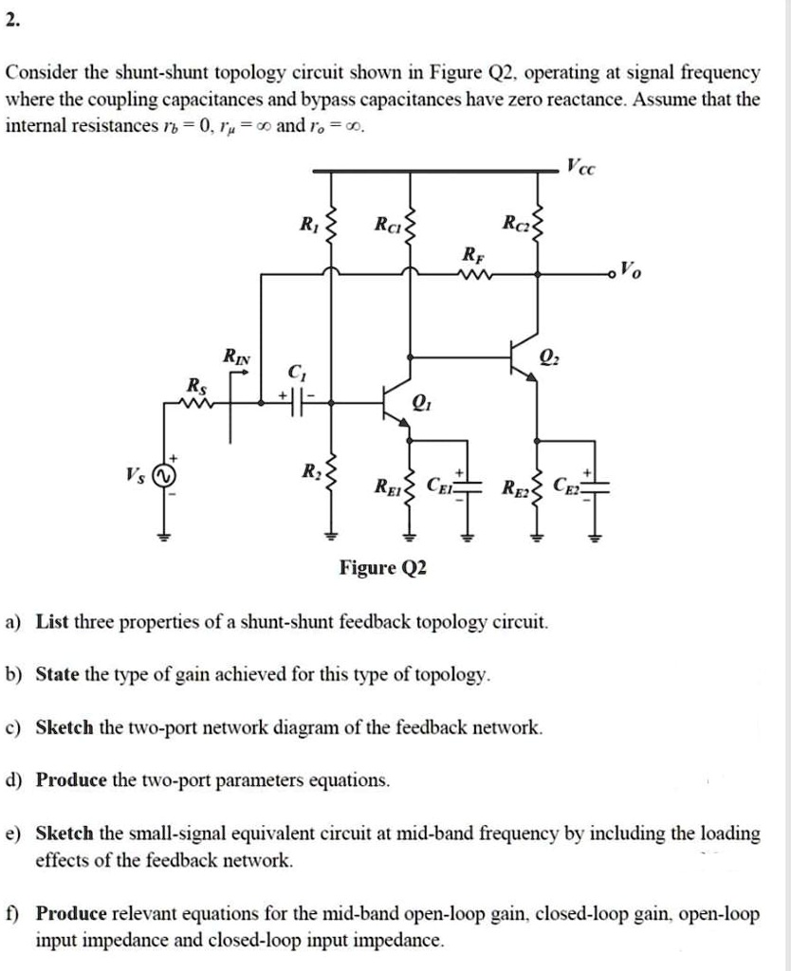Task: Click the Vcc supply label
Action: pyautogui.click(x=582, y=169)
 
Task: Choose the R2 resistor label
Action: pyautogui.click(x=310, y=471)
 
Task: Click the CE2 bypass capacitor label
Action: pyautogui.click(x=565, y=487)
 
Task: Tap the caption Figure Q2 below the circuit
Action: pyautogui.click(x=383, y=568)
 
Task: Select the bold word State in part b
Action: pyautogui.click(x=57, y=675)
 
